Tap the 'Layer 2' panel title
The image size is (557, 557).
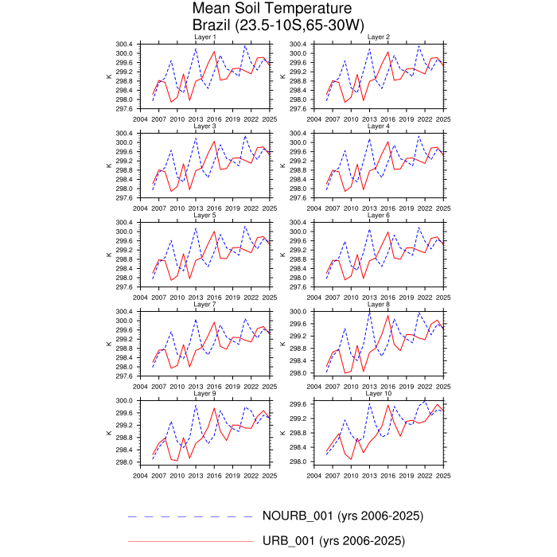[379, 37]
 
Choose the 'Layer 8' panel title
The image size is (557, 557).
[379, 305]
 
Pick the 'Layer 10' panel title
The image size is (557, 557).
[379, 394]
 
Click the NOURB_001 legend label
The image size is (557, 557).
[343, 516]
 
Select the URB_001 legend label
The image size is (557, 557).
[333, 541]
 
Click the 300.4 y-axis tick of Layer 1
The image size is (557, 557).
[123, 45]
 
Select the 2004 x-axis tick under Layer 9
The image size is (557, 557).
[140, 475]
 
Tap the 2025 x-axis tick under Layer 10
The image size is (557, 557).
[443, 475]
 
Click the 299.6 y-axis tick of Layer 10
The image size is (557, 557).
[298, 404]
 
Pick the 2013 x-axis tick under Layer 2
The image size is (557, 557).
[369, 119]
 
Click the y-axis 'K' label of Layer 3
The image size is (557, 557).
[109, 166]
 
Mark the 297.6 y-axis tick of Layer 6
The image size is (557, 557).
[297, 286]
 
